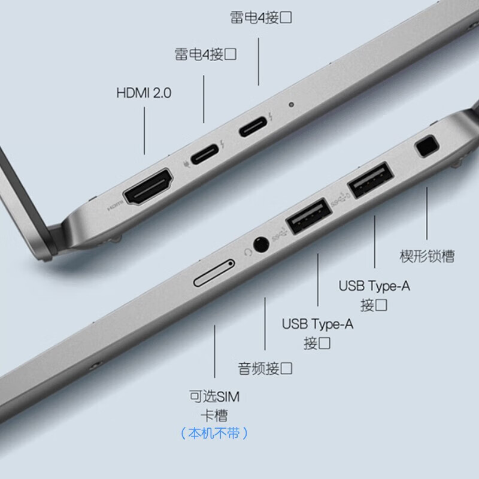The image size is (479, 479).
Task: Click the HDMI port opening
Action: point(148,186)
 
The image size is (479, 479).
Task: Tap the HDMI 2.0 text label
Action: point(144,93)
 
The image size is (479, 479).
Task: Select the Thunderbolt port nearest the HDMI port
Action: point(205,154)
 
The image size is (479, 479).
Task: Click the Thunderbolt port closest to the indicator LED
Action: point(253,126)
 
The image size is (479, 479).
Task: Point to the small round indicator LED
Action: point(292,104)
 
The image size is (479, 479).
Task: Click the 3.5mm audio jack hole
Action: point(261,244)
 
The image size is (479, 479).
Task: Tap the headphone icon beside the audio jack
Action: point(247,252)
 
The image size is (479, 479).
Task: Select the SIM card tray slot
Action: point(214,273)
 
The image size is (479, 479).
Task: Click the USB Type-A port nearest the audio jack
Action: point(308,216)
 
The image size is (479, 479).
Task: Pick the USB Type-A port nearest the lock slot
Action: point(371,180)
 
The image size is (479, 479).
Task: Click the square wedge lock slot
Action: point(427,146)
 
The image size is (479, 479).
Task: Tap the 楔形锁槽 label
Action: point(427,256)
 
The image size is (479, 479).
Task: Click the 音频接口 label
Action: point(265,368)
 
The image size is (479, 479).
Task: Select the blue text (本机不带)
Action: point(214,433)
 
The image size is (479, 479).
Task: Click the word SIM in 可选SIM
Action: point(228,397)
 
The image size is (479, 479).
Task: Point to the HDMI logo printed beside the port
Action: point(116,206)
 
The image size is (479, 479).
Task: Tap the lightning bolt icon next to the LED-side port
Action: point(271,116)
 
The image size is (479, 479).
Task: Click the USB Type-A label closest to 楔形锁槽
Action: point(374,286)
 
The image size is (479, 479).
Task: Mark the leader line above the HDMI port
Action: point(144,131)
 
